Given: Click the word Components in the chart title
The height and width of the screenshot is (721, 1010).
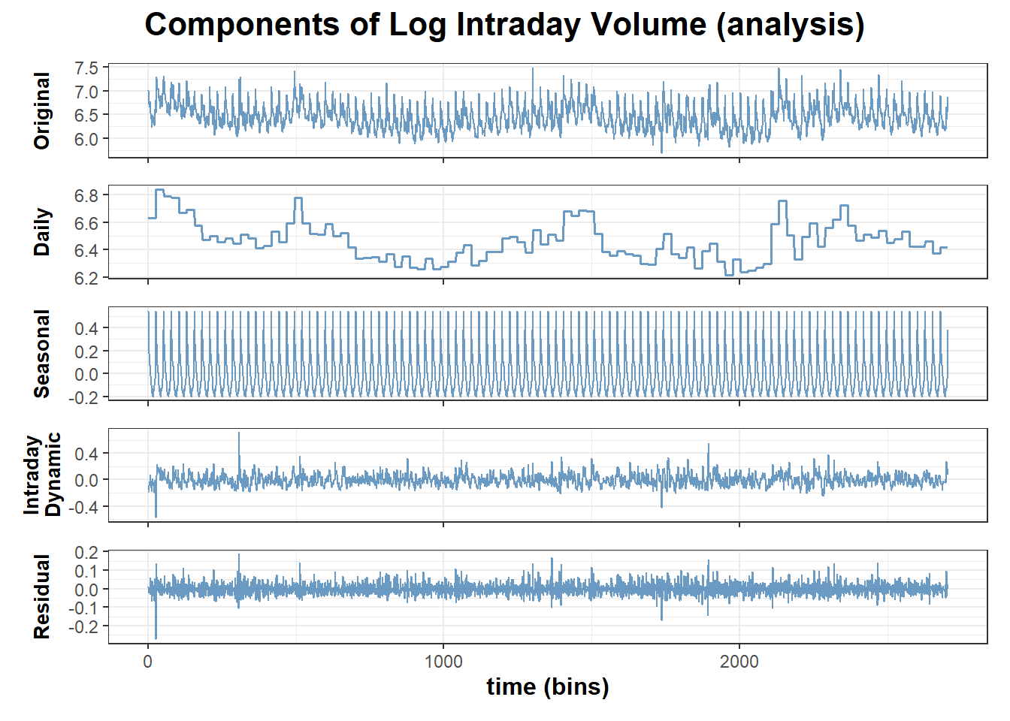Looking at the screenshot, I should click(242, 25).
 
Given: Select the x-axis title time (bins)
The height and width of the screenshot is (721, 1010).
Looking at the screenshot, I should click(548, 686).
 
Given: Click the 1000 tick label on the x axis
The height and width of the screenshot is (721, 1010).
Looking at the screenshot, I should click(443, 662).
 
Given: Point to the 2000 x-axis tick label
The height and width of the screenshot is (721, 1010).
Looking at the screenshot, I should click(739, 662).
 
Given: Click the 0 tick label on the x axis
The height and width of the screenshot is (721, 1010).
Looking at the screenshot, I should click(148, 662).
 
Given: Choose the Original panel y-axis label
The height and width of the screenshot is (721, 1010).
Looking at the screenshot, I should click(42, 110).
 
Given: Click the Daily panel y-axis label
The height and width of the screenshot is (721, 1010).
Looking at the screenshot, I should click(42, 232).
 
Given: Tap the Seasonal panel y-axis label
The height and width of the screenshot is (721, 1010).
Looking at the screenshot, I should click(42, 354).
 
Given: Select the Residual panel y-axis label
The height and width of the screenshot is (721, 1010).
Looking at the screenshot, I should click(42, 597).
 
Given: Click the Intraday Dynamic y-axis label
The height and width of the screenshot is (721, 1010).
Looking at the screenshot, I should click(42, 475).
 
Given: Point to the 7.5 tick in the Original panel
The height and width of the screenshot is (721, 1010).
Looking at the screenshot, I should click(86, 68).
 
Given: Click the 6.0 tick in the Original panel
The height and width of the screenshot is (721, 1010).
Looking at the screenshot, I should click(86, 139).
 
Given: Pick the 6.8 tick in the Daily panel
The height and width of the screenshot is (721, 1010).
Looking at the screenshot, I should click(86, 196).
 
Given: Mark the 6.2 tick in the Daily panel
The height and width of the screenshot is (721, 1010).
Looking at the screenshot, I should click(86, 278).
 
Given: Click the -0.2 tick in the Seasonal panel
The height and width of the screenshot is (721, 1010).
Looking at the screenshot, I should click(83, 397).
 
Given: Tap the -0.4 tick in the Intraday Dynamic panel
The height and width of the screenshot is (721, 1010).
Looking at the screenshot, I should click(83, 507).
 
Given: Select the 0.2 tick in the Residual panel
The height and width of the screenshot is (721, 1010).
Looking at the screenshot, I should click(86, 553).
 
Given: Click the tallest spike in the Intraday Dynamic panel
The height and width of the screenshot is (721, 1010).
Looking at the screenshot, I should click(239, 434).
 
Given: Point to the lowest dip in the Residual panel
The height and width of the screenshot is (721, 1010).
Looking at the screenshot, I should click(156, 637).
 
